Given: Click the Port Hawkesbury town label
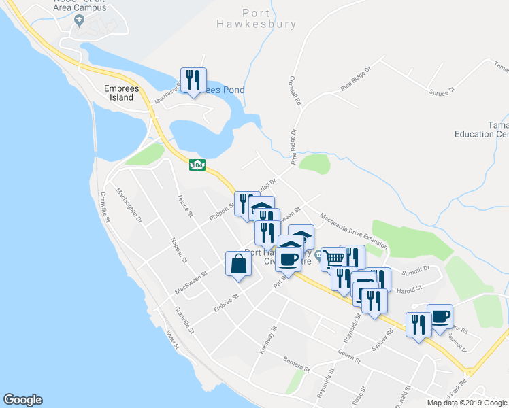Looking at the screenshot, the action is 269,18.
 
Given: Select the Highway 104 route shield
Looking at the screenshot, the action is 197,165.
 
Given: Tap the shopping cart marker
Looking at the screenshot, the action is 333,258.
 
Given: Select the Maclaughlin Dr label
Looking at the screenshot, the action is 129,205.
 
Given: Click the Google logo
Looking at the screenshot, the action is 22,400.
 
